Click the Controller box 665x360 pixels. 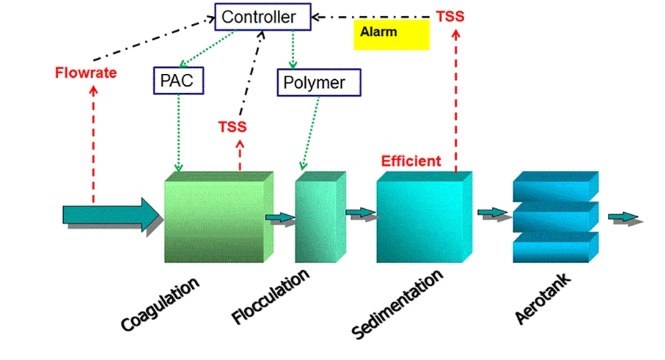tap(263, 17)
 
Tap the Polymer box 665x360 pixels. tap(319, 83)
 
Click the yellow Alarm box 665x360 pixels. tap(391, 34)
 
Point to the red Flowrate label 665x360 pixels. tap(86, 73)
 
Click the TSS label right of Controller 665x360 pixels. tap(450, 16)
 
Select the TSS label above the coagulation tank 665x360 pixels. tap(232, 126)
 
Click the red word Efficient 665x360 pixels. tap(410, 161)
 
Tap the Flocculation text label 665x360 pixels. tap(271, 297)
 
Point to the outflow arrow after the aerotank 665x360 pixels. tap(624, 218)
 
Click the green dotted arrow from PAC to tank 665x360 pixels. tap(178, 133)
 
